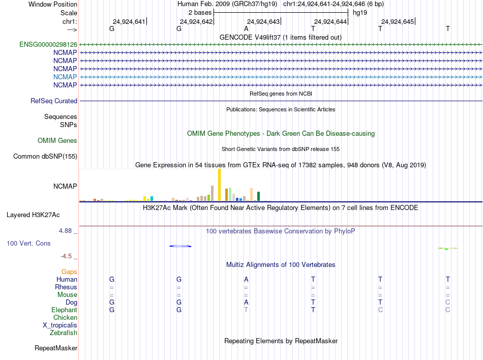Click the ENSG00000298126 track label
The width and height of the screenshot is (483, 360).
coord(48,44)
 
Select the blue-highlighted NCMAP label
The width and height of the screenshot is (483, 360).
coord(65,77)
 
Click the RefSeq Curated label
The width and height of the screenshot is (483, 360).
coord(54,101)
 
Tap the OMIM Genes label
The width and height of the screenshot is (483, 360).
coord(57,141)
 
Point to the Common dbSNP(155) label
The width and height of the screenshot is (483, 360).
coord(45,157)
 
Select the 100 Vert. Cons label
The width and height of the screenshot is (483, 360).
coord(28,244)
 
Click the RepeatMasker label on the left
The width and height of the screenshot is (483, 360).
coord(56,348)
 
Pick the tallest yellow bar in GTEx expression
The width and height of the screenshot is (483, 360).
coord(219,185)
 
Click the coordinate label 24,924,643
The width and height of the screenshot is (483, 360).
coord(263,22)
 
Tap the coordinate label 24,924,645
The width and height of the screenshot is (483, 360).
coord(398,22)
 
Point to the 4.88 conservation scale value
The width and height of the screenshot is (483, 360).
coord(67,231)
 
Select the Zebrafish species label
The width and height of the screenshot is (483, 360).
coord(64,333)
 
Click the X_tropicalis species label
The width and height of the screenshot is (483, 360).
coord(60,325)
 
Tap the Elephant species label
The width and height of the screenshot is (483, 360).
coord(64,310)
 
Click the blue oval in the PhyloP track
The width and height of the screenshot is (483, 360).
coord(180,246)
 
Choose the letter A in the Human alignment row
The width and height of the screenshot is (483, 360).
coord(246,279)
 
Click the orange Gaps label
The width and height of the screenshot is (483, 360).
coord(69,272)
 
